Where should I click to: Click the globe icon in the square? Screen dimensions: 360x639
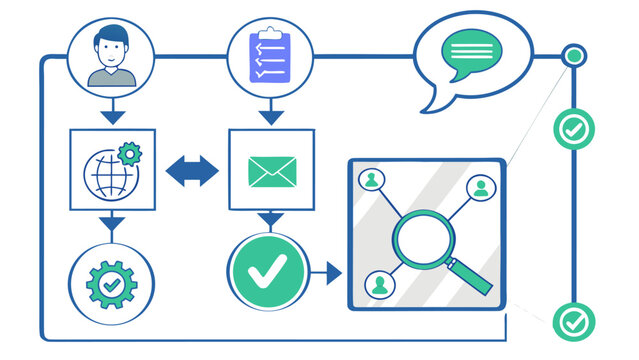tap(107, 174)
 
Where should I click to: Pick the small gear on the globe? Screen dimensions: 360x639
tap(129, 153)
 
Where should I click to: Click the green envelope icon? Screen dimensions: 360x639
tap(271, 172)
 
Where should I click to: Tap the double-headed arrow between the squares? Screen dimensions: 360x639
tap(191, 171)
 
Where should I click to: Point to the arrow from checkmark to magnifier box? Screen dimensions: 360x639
tap(327, 270)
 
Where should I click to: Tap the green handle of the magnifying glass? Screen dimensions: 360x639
tap(473, 277)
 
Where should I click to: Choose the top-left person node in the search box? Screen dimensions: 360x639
tap(372, 180)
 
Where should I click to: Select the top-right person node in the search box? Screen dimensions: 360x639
tap(481, 187)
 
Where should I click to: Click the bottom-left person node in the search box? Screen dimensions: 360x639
tap(380, 284)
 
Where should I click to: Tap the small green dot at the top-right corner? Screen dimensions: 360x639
tap(573, 56)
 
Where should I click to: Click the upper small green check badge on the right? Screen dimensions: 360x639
tap(574, 128)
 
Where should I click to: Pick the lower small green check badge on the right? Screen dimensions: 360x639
tap(574, 321)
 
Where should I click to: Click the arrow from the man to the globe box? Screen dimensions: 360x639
tap(111, 114)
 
